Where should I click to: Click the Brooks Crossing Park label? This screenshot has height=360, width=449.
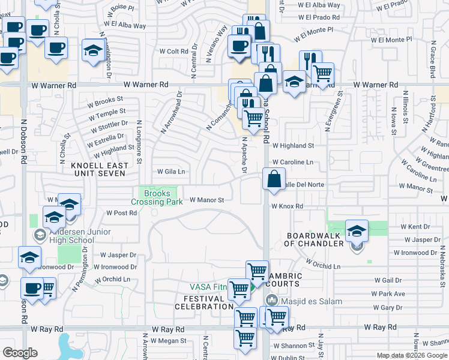click(x=160, y=197)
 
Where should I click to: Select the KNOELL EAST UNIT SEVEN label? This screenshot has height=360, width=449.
click(x=98, y=169)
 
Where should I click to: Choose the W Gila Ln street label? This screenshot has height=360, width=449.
click(x=171, y=171)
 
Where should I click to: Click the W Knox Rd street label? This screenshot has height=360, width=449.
click(x=287, y=206)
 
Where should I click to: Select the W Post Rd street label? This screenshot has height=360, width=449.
click(x=122, y=212)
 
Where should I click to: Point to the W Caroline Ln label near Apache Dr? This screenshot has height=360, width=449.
click(x=292, y=162)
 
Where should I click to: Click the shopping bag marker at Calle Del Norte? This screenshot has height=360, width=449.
click(x=274, y=179)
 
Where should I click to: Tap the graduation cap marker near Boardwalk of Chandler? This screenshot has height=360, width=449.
click(x=357, y=231)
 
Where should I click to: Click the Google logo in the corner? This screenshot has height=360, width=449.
click(x=20, y=353)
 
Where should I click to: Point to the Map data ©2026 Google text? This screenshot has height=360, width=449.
click(x=411, y=355)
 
